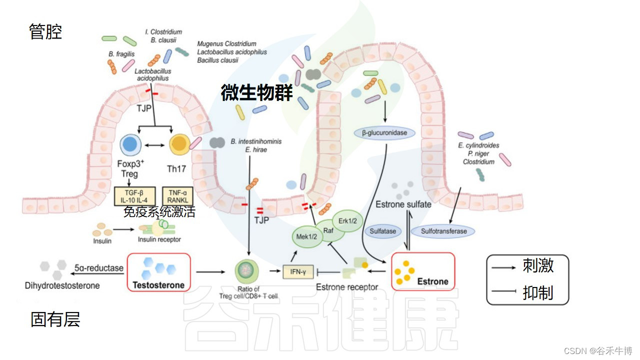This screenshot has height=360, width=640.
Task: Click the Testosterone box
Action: pos(159,272)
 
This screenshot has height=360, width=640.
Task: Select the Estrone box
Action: pos(423,271)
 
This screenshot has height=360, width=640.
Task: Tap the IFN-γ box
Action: pos(298,271)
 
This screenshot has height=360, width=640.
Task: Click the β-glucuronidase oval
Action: pos(384,133)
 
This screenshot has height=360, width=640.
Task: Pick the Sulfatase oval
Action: pos(383,231)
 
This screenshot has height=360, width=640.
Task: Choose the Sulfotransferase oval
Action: pos(443,231)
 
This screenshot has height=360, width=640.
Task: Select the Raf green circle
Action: pos(328,230)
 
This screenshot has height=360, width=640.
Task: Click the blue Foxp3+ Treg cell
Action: pos(130,145)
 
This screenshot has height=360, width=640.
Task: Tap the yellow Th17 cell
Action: pos(178,145)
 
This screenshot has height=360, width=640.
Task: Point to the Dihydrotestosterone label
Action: pos(62,286)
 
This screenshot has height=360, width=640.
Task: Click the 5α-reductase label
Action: pos(99,268)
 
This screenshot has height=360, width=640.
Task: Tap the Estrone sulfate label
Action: pos(403,204)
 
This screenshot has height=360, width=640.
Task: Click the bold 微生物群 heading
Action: pos(256,93)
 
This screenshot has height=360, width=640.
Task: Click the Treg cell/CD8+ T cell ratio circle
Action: pos(246,271)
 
